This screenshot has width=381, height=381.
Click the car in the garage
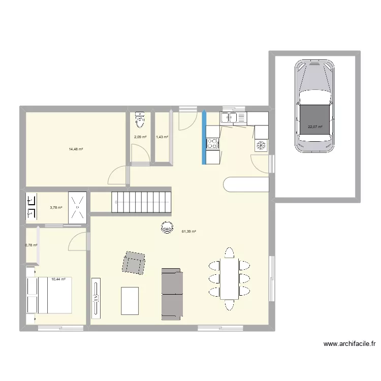click(314, 106)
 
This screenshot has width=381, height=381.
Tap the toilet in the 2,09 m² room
click(140, 119)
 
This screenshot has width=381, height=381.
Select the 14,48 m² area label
click(76, 149)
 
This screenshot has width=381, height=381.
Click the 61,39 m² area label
click(189, 232)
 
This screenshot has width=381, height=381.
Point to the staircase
click(141, 202)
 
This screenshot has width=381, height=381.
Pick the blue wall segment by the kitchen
click(204, 137)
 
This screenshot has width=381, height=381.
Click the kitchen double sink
click(229, 118)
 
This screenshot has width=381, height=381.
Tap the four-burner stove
click(213, 143)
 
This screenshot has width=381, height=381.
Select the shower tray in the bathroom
click(78, 207)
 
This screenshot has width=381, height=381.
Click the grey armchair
click(134, 263)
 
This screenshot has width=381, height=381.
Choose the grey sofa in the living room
click(172, 294)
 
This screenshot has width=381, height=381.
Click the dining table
click(230, 279)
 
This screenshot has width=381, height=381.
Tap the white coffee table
click(130, 301)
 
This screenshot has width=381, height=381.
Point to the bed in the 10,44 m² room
click(49, 295)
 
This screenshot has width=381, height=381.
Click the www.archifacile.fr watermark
click(350, 343)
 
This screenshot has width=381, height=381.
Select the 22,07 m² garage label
click(315, 126)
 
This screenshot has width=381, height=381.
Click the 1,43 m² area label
click(162, 137)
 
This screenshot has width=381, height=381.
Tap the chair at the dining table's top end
click(230, 252)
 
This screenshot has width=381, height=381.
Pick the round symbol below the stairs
click(167, 227)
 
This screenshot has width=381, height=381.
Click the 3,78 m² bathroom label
click(56, 207)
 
